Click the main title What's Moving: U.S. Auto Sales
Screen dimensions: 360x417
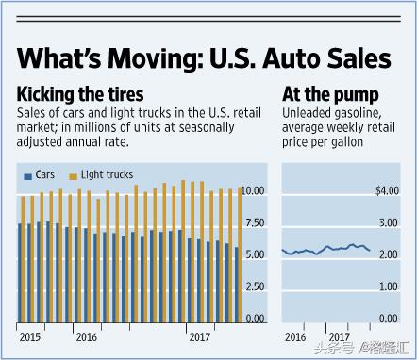[x=205, y=59]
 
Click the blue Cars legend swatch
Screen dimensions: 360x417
[x=27, y=175]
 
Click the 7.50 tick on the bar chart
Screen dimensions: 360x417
[x=255, y=223]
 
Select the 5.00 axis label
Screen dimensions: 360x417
[x=255, y=255]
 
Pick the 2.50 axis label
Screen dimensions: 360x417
[x=255, y=287]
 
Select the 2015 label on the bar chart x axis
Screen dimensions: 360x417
[x=30, y=336]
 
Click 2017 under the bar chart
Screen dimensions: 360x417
[x=199, y=336]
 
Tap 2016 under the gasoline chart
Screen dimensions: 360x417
[x=296, y=336]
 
